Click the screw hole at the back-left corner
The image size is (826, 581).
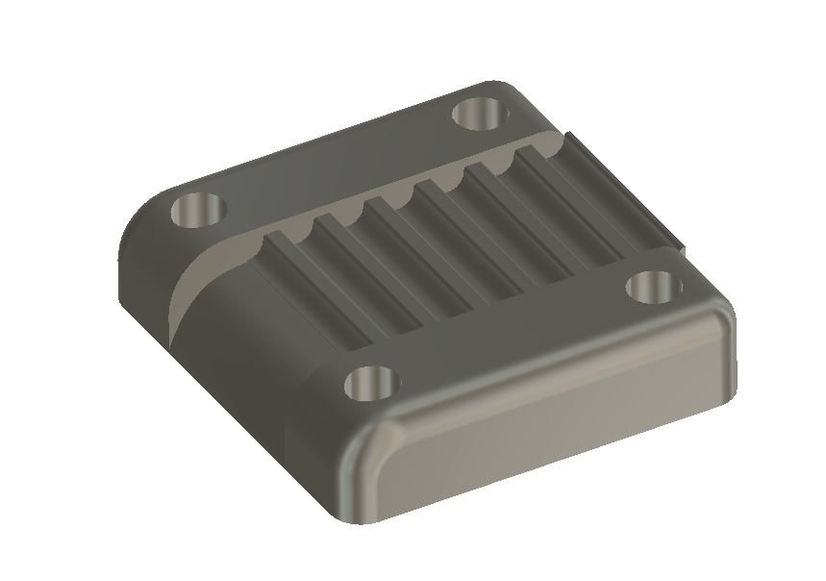pyautogui.click(x=196, y=209)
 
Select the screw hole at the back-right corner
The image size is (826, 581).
pyautogui.click(x=478, y=114)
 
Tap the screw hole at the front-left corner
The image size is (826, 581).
pyautogui.click(x=370, y=384)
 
